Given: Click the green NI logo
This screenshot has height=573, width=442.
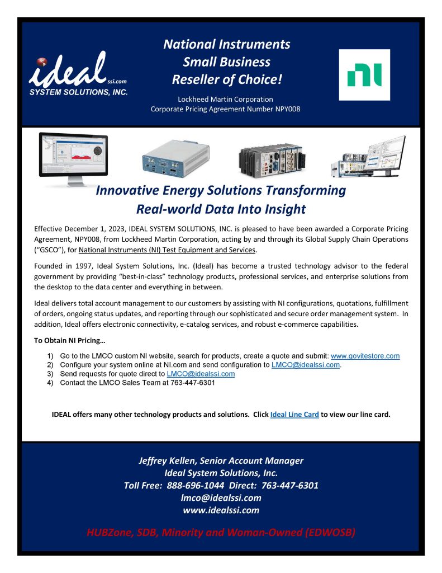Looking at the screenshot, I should pyautogui.click(x=364, y=74).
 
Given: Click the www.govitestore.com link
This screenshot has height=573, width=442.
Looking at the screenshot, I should pyautogui.click(x=365, y=356).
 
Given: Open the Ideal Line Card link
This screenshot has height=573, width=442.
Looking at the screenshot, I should pyautogui.click(x=294, y=415).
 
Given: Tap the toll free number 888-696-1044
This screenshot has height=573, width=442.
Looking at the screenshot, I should pyautogui.click(x=193, y=485).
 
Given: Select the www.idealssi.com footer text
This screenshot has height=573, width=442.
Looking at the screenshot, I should pyautogui.click(x=221, y=510).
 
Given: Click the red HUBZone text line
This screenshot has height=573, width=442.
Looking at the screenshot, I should pyautogui.click(x=221, y=532).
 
